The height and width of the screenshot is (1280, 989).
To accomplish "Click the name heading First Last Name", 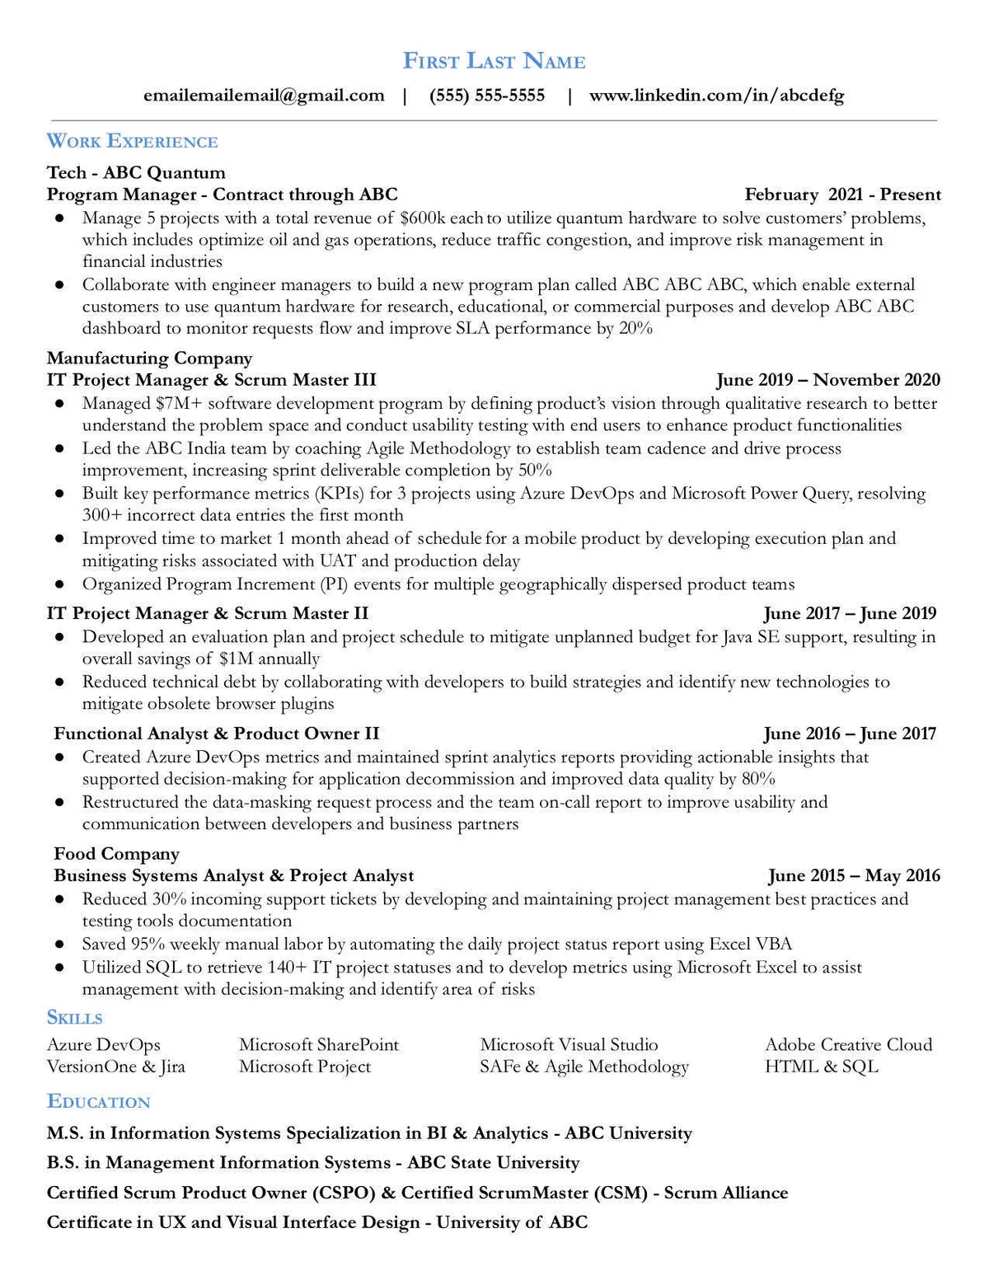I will click(494, 61).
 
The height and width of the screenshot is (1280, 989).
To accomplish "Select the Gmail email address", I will click(264, 96).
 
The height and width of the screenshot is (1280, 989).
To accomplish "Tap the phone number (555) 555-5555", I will click(487, 96).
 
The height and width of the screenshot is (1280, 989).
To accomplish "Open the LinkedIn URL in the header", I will click(716, 96).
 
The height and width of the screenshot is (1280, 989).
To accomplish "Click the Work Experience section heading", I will click(132, 141).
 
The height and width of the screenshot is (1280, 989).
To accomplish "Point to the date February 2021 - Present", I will click(842, 195).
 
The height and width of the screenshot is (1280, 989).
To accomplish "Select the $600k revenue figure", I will click(423, 218).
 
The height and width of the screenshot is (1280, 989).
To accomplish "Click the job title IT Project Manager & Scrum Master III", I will click(211, 380).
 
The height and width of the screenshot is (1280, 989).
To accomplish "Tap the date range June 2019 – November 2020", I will click(827, 380).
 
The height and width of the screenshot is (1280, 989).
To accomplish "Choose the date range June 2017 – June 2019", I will click(850, 613).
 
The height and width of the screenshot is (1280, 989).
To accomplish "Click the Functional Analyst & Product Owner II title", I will click(216, 734).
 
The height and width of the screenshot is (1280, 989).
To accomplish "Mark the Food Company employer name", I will click(116, 854).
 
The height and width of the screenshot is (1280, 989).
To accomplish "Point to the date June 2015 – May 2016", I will click(854, 875).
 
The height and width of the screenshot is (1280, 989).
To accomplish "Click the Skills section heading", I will click(75, 1017).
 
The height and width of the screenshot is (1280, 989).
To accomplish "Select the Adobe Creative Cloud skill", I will click(848, 1044).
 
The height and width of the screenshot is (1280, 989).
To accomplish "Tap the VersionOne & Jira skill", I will click(116, 1067).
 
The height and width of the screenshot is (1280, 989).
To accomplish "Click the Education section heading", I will click(98, 1102).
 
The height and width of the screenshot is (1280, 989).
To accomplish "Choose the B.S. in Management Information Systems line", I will click(313, 1163).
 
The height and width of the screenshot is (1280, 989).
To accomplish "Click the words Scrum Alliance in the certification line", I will click(726, 1193).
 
